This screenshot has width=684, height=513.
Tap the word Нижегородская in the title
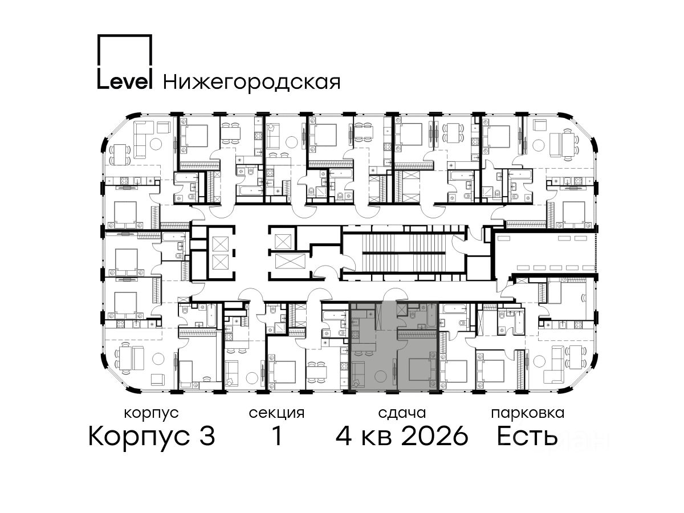pyautogui.click(x=252, y=82)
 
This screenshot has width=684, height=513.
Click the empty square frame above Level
pyautogui.click(x=125, y=51)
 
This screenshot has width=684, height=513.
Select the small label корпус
pyautogui.click(x=151, y=414)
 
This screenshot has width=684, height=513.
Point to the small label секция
pyautogui.click(x=276, y=414)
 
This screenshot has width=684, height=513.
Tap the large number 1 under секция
pyautogui.click(x=277, y=436)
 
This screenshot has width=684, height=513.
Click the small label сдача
pyautogui.click(x=402, y=413)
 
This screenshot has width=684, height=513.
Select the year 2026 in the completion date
pyautogui.click(x=435, y=436)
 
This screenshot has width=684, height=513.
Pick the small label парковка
pyautogui.click(x=528, y=414)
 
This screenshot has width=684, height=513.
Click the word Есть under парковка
pyautogui.click(x=527, y=436)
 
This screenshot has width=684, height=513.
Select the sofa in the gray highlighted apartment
pyautogui.click(x=358, y=374)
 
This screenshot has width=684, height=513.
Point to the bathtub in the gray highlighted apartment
pyautogui.click(x=431, y=316)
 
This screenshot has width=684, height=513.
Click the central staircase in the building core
pyautogui.click(x=405, y=253)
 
